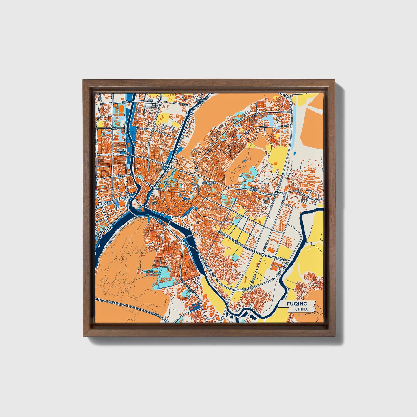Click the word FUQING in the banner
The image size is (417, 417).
(297, 304)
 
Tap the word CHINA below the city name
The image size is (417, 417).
(301, 309)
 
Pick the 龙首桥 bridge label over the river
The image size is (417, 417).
(182, 236)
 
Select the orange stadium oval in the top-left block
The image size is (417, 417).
(119, 109)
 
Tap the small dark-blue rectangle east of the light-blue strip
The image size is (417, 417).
(294, 153)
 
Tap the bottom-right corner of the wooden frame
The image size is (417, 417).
(335, 336)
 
